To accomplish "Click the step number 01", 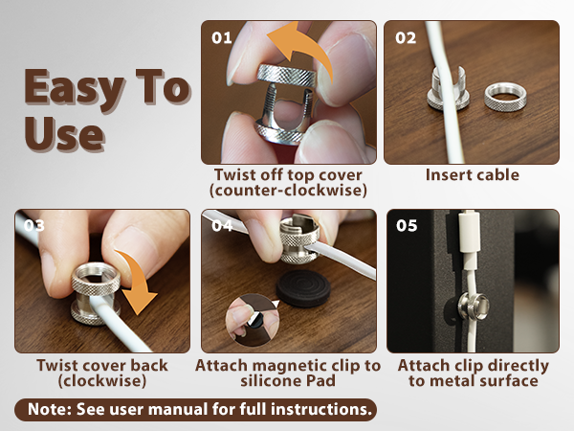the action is [222, 37].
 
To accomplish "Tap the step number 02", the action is [406, 37].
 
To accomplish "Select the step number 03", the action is [34, 225].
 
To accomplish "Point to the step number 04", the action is [222, 225].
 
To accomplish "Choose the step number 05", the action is [407, 225].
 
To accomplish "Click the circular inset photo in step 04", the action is [253, 320].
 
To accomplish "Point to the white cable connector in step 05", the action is [470, 231].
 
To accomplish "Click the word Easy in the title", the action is [75, 88].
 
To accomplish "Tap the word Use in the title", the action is [64, 133].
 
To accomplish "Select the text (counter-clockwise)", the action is [288, 191].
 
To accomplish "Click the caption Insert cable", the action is [473, 175].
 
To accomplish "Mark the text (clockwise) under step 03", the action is [102, 381].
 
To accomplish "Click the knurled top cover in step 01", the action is [287, 76].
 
